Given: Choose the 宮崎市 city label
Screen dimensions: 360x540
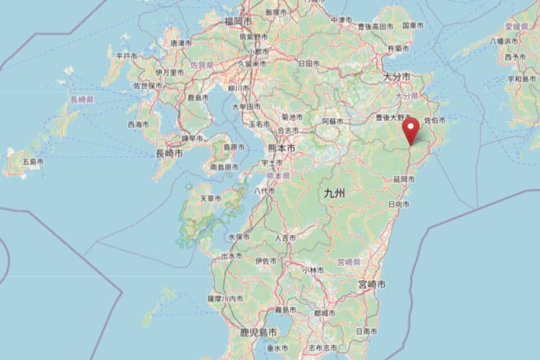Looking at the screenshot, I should click(x=371, y=283).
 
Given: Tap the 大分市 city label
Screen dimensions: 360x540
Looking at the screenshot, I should click(x=397, y=77).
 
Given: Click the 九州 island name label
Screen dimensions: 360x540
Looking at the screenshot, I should click(x=334, y=193).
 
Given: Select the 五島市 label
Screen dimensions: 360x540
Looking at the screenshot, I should click(x=33, y=162).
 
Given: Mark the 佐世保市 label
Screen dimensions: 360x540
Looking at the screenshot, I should click(x=148, y=86).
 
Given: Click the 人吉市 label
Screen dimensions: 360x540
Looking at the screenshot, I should click(x=285, y=238).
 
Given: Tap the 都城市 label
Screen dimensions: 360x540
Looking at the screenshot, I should click(x=325, y=313).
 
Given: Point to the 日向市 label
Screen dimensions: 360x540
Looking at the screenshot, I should click(x=399, y=204).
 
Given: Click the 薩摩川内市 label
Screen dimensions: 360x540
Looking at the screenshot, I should click(x=225, y=298).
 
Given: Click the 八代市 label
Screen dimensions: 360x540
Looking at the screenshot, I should click(x=265, y=191).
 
